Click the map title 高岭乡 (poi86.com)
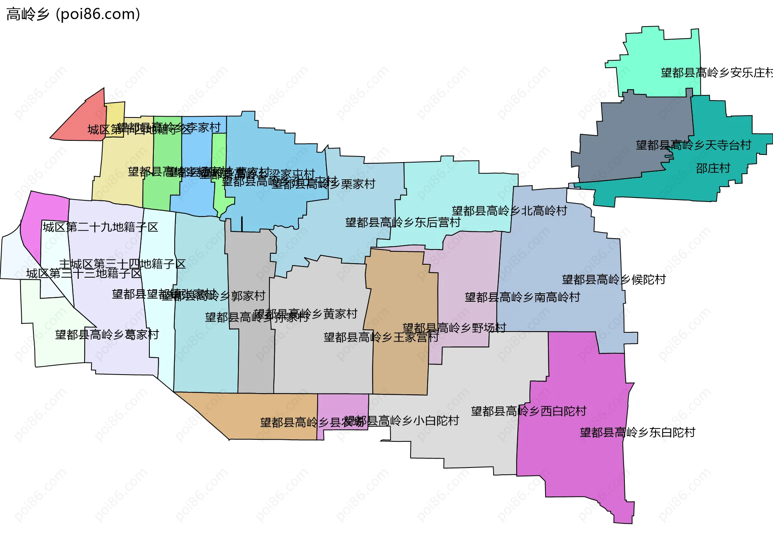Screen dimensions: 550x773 tap(73, 14)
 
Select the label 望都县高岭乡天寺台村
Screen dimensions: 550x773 tap(693, 145)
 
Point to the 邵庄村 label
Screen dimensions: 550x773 tap(713, 168)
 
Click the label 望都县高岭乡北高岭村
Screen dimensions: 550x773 tap(509, 211)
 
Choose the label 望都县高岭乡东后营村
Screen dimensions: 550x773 tap(403, 222)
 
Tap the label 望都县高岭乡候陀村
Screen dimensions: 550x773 tap(614, 280)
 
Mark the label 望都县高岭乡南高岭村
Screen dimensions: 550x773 tap(522, 297)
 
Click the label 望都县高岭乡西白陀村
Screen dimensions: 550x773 tap(529, 411)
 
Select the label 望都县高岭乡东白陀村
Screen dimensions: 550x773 tap(637, 433)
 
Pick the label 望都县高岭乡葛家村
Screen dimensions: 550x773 tap(107, 335)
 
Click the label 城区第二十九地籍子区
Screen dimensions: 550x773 tap(100, 227)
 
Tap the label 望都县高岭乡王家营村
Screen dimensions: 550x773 tap(381, 337)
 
